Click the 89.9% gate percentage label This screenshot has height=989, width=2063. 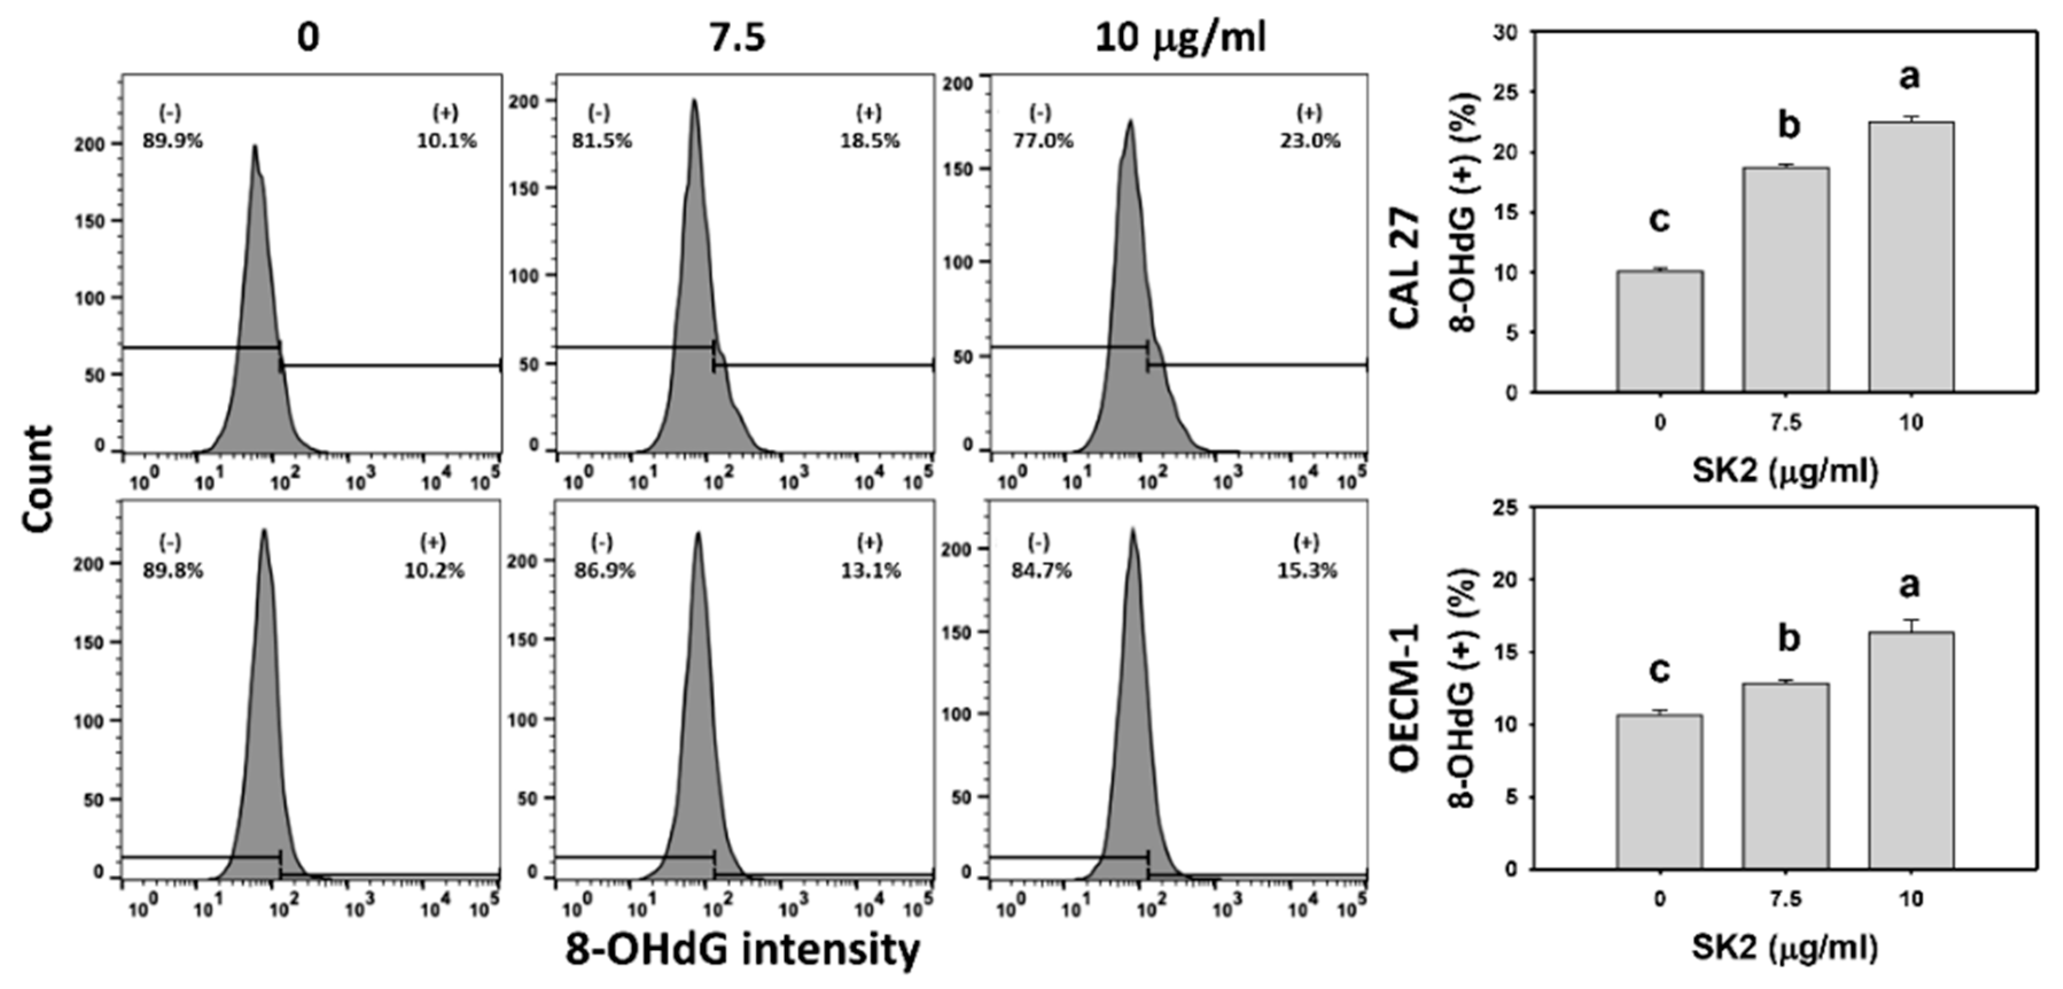point(172,141)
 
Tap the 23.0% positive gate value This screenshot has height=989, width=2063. point(1309,141)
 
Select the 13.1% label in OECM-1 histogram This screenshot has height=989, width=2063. point(871,570)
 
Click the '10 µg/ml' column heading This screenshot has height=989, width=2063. point(1180,38)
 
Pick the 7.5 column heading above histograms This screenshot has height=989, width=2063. point(738,38)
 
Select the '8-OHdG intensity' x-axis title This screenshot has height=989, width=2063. point(742,951)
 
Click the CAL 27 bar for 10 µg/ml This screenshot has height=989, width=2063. point(1911,256)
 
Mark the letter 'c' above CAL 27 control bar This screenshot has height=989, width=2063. point(1659,219)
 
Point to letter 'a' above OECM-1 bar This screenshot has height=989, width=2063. point(1910,585)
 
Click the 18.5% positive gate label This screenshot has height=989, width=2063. point(869,141)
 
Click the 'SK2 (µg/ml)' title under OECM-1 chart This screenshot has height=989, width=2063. point(1785,948)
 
